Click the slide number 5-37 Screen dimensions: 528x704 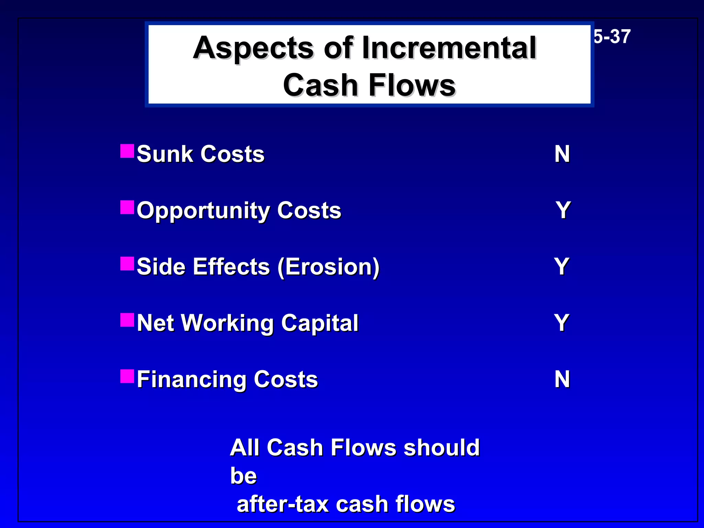pyautogui.click(x=612, y=36)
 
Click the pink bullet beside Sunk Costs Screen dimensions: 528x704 pyautogui.click(x=127, y=151)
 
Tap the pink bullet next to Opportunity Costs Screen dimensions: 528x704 pyautogui.click(x=127, y=207)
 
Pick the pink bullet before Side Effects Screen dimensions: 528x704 pyautogui.click(x=127, y=264)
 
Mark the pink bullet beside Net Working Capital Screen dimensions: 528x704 pyautogui.click(x=127, y=320)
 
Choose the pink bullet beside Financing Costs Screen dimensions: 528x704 pyautogui.click(x=127, y=376)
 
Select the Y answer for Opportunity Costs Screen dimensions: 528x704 pyautogui.click(x=563, y=210)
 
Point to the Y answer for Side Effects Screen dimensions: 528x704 pyautogui.click(x=562, y=266)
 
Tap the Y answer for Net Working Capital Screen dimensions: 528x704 pyautogui.click(x=562, y=323)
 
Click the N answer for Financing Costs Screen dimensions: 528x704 pyautogui.click(x=562, y=379)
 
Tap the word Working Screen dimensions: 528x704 pyautogui.click(x=227, y=323)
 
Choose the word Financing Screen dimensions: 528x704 pyautogui.click(x=191, y=380)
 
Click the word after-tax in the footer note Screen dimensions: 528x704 pyautogui.click(x=283, y=504)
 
